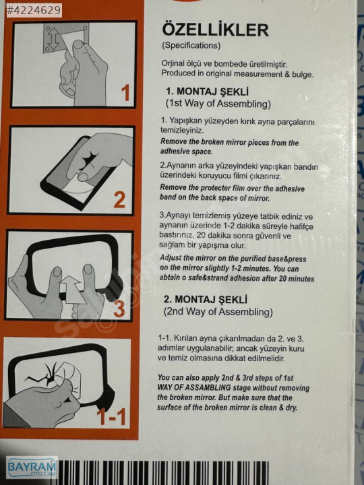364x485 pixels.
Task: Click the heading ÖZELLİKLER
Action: pyautogui.click(x=216, y=30)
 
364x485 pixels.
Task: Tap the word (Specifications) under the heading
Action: pyautogui.click(x=191, y=46)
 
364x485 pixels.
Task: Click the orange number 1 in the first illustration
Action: pyautogui.click(x=125, y=93)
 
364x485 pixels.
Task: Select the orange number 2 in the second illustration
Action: pyautogui.click(x=119, y=200)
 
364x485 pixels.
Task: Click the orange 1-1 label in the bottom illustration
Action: pyautogui.click(x=111, y=416)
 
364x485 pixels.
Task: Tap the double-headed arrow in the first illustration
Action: pyautogui.click(x=53, y=39)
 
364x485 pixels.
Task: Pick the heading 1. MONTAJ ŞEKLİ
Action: pyautogui.click(x=208, y=92)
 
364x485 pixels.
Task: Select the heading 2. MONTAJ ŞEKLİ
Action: pyautogui.click(x=206, y=299)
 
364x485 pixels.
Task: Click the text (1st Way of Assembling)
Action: pyautogui.click(x=218, y=104)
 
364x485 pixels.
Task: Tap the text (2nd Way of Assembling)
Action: pyautogui.click(x=218, y=311)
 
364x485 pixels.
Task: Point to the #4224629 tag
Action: pyautogui.click(x=34, y=10)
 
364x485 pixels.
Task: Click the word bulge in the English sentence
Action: pyautogui.click(x=303, y=75)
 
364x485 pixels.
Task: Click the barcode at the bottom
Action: pyautogui.click(x=163, y=472)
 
